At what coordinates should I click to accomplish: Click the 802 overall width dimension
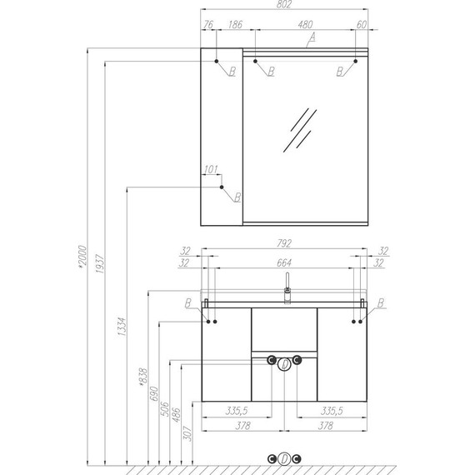(284, 4)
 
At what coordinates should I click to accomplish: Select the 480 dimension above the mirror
(305, 24)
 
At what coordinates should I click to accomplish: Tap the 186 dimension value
(235, 24)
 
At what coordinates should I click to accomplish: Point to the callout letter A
(312, 37)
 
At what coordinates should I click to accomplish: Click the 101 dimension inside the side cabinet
(211, 169)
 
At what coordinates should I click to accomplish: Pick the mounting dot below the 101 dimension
(222, 187)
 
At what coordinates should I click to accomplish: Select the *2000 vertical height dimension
(82, 257)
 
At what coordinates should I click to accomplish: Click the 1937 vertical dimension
(100, 264)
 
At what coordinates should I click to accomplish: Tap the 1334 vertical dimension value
(122, 327)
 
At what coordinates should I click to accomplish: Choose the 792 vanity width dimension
(284, 243)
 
